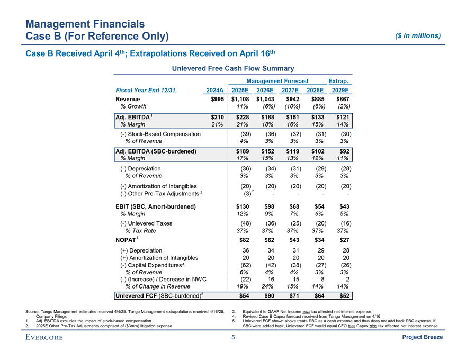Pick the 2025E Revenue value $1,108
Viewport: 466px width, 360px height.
click(x=240, y=99)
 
